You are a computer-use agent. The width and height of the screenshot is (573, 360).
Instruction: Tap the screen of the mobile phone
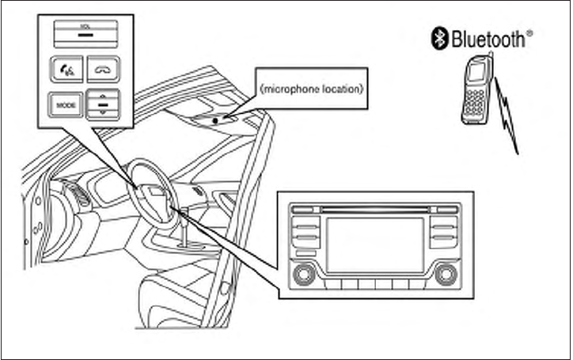point(476,74)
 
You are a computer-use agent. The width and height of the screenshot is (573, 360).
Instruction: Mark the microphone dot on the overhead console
point(225,118)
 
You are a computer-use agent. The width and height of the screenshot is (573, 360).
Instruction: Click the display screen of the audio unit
point(375,242)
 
